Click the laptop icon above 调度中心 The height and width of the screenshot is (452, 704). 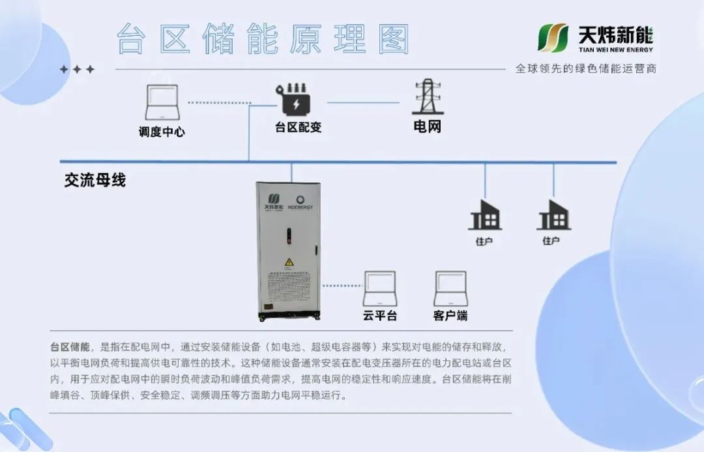(162, 102)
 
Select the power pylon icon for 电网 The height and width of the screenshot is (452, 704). (428, 96)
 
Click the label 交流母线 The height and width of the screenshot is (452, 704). (95, 180)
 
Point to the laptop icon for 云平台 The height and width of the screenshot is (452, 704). (380, 289)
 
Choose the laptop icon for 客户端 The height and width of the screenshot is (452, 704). (450, 289)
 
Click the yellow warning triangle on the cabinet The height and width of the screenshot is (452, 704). (289, 262)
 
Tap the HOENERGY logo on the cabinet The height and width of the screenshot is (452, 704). (300, 203)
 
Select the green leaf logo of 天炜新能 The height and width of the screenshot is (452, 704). (553, 38)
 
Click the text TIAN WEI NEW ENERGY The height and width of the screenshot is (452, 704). (615, 49)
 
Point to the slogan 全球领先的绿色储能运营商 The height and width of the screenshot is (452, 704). (586, 68)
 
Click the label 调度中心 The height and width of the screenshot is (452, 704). (162, 132)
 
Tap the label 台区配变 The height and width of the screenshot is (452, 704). (299, 128)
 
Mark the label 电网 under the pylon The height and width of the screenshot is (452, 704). (428, 126)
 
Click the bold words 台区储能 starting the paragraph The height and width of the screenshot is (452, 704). (70, 346)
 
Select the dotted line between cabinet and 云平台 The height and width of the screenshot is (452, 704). (342, 286)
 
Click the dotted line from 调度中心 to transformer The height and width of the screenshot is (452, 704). (220, 103)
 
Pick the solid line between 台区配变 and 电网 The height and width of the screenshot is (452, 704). (363, 103)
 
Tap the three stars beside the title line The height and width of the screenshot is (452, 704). (77, 69)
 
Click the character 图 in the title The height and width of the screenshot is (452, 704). (394, 40)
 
